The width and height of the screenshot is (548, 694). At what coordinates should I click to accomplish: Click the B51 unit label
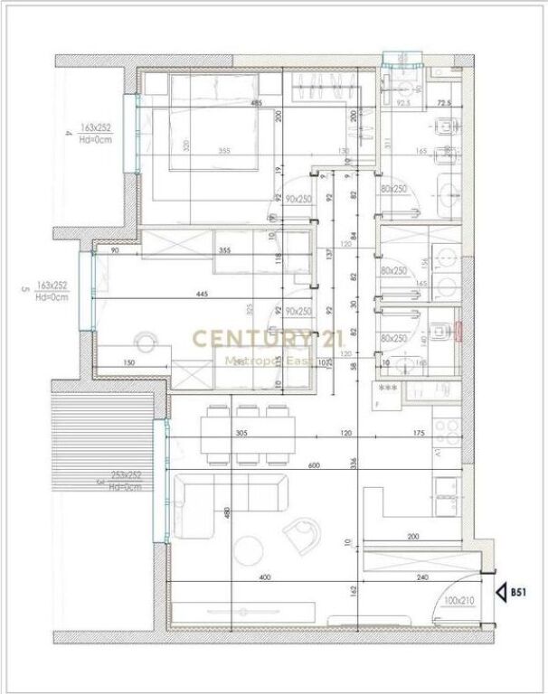(x=518, y=593)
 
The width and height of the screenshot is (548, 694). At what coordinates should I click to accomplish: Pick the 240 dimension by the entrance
(x=422, y=577)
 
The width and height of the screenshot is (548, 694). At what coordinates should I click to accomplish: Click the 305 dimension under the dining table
(x=241, y=434)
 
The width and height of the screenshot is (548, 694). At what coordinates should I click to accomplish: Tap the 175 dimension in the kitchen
(x=418, y=434)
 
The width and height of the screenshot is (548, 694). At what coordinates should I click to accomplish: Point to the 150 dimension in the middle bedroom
(x=131, y=363)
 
